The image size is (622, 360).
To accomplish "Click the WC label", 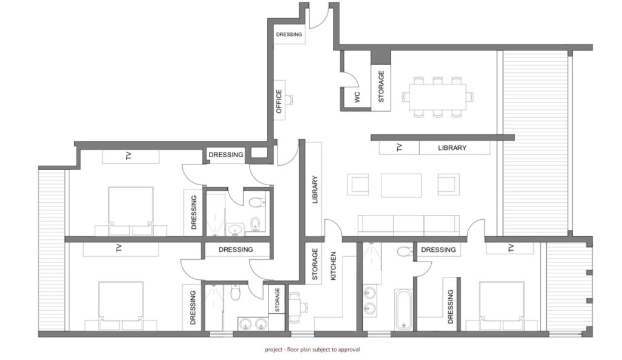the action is click(x=357, y=97).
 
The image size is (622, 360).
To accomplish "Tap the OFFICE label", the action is click(x=279, y=101).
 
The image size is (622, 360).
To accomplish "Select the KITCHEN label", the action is click(x=333, y=266).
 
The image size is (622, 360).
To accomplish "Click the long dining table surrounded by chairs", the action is click(x=437, y=97).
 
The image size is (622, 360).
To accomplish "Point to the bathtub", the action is click(x=404, y=309).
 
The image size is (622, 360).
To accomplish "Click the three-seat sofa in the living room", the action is click(x=409, y=225).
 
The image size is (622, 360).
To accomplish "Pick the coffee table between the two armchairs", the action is click(x=401, y=185).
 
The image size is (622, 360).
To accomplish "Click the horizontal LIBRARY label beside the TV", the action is click(x=452, y=148).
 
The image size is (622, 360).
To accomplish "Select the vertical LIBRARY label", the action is click(x=315, y=189).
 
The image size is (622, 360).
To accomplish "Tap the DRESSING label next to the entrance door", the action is click(x=289, y=35).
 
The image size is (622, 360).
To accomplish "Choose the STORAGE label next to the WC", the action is click(x=381, y=86).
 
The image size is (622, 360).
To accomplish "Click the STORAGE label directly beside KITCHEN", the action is click(x=315, y=265).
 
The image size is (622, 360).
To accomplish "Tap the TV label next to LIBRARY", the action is click(x=400, y=148).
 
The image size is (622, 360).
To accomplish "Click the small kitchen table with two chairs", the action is click(x=296, y=307).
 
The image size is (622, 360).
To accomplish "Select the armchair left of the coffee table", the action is click(x=358, y=185).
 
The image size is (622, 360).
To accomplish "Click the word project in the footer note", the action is click(x=273, y=350).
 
